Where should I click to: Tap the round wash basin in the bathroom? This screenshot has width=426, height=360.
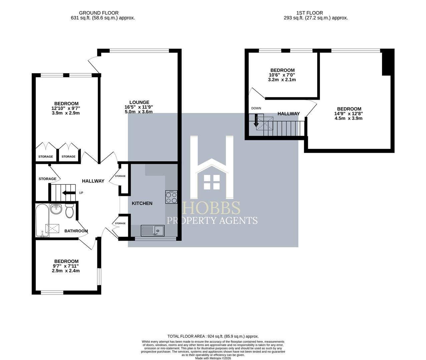pyautogui.click(x=56, y=209)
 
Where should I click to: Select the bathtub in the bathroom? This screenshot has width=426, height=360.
pyautogui.click(x=42, y=220)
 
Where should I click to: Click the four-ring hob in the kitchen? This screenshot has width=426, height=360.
pyautogui.click(x=171, y=197)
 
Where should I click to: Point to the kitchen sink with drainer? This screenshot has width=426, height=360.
pyautogui.click(x=153, y=230)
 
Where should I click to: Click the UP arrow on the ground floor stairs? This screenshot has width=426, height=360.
pyautogui.click(x=69, y=193)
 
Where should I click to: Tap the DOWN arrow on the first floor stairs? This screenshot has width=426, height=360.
pyautogui.click(x=256, y=121)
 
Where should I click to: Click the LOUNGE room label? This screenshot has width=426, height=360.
pyautogui.click(x=139, y=102)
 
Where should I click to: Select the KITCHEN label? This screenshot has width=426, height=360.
pyautogui.click(x=142, y=203)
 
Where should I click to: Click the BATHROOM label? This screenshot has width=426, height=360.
pyautogui.click(x=76, y=231)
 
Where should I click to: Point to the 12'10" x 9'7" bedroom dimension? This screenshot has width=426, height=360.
pyautogui.click(x=66, y=108)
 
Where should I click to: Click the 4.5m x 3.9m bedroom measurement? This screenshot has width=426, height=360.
pyautogui.click(x=349, y=118)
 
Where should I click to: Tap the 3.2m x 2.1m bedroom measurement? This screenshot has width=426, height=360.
pyautogui.click(x=282, y=80)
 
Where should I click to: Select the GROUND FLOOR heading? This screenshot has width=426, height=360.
pyautogui.click(x=99, y=13)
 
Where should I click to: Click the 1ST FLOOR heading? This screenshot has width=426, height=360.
pyautogui.click(x=310, y=13)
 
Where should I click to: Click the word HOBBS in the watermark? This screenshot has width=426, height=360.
pyautogui.click(x=211, y=208)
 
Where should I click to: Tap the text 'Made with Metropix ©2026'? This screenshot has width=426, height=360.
pyautogui.click(x=213, y=358)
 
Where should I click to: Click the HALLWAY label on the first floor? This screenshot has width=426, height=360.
pyautogui.click(x=289, y=114)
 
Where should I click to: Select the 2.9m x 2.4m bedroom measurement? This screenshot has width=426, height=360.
pyautogui.click(x=66, y=271)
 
